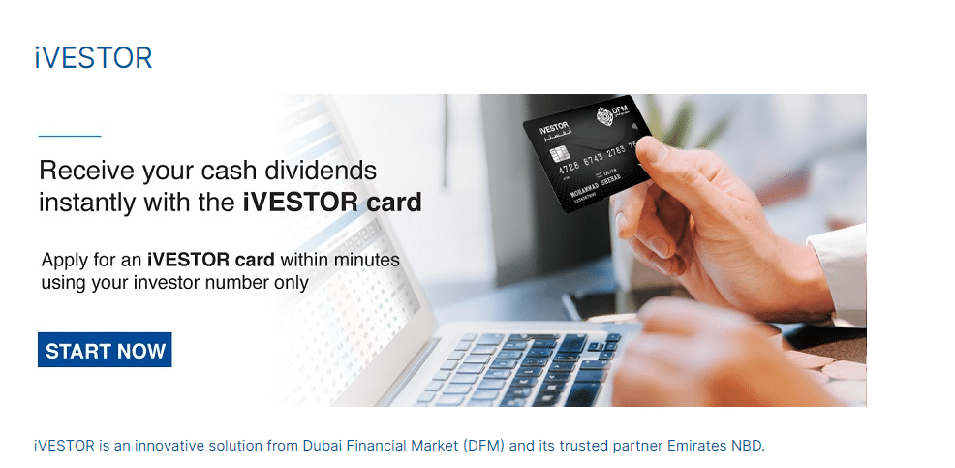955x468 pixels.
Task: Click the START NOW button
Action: pyautogui.click(x=105, y=351)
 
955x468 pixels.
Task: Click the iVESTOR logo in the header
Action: pyautogui.click(x=93, y=58)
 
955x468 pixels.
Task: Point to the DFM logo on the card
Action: pyautogui.click(x=605, y=117)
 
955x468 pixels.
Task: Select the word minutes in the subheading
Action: pyautogui.click(x=367, y=260)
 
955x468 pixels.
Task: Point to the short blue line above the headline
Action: pyautogui.click(x=69, y=137)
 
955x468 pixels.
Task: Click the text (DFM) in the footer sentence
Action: pyautogui.click(x=483, y=446)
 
